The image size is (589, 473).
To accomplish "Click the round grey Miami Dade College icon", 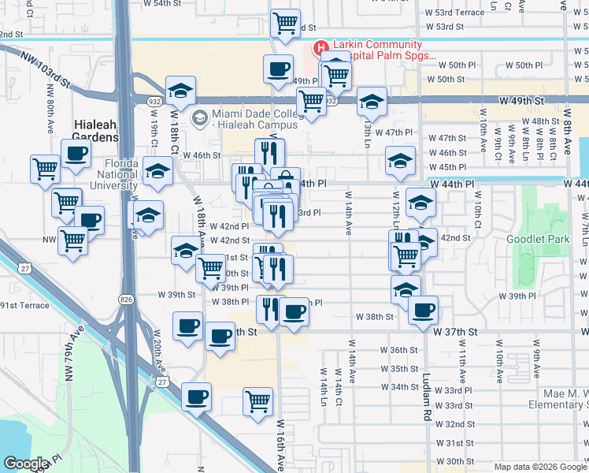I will (x=200, y=118).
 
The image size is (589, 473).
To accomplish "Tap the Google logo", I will (x=25, y=464).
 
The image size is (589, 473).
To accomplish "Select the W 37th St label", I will (x=457, y=333).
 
